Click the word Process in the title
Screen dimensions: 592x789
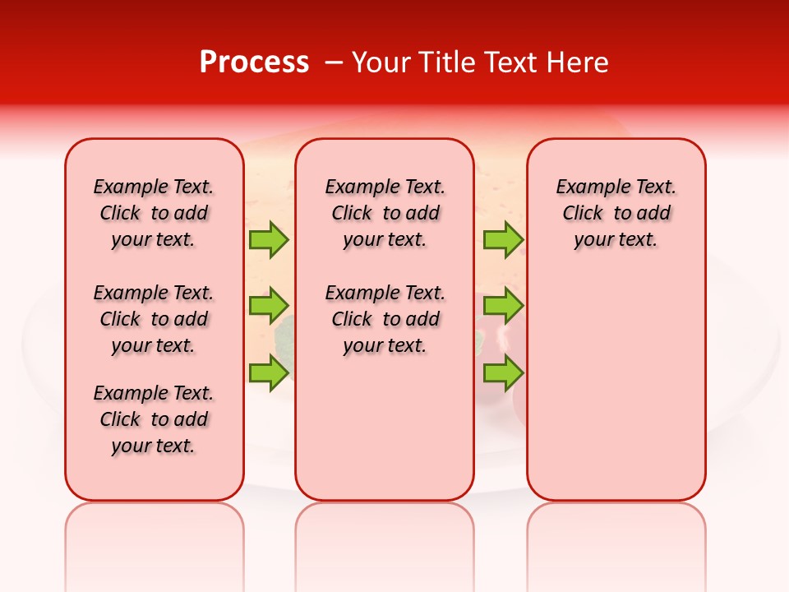[x=254, y=62]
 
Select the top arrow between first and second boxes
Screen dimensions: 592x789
[x=269, y=239]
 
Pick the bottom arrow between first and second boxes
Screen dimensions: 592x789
[x=269, y=372]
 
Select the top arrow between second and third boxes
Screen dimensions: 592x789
[x=503, y=239]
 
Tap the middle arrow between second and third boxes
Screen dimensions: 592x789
[x=503, y=306]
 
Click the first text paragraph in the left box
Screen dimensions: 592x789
[x=154, y=213]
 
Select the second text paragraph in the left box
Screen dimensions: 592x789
[x=154, y=319]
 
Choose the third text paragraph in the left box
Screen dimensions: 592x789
[x=154, y=419]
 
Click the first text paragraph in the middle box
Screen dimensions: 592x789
[x=385, y=213]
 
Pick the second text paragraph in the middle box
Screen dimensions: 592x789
[x=385, y=319]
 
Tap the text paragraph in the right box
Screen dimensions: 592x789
[x=616, y=213]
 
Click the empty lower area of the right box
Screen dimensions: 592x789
[x=616, y=386]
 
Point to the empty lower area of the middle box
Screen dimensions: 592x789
[x=385, y=428]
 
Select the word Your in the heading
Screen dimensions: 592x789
[x=381, y=62]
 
